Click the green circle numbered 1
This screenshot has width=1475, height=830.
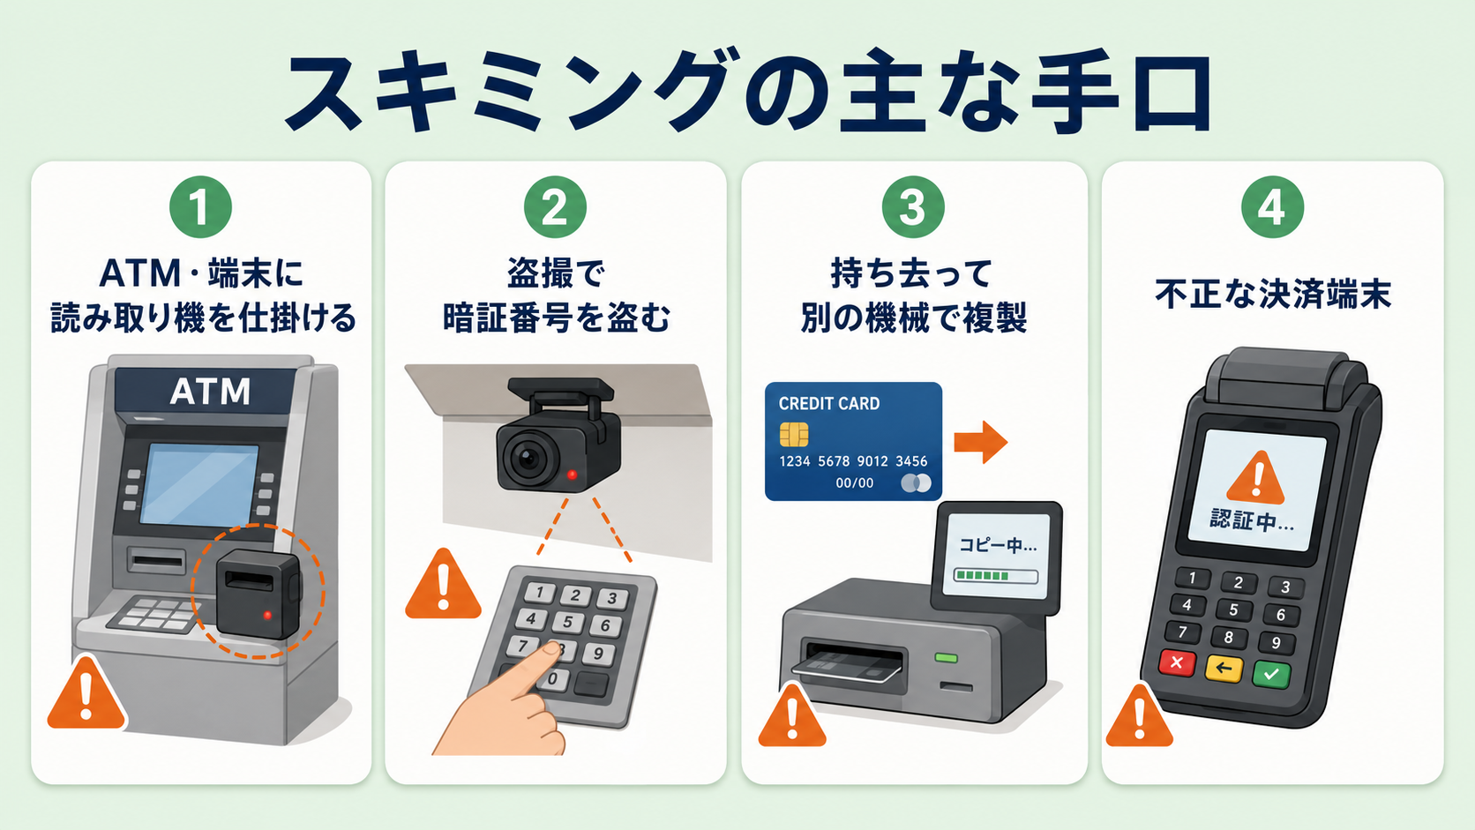(x=200, y=206)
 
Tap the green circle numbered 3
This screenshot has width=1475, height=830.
(x=913, y=206)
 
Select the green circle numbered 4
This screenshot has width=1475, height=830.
(x=1272, y=206)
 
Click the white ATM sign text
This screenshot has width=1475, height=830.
(x=210, y=392)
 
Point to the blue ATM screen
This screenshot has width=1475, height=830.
(x=199, y=484)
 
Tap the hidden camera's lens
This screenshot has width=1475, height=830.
(x=528, y=458)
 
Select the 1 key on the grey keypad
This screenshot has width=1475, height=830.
(x=540, y=593)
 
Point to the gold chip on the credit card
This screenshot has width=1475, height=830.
(x=793, y=435)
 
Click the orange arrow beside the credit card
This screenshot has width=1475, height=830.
(x=980, y=442)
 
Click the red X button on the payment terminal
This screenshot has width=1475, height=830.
(x=1177, y=662)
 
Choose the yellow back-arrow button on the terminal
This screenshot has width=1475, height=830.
(x=1224, y=669)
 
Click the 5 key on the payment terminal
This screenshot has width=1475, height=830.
(x=1233, y=610)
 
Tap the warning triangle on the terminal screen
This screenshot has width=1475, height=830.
(x=1255, y=477)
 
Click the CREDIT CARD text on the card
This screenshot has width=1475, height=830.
(x=829, y=403)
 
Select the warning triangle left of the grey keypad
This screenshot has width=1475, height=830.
(x=443, y=584)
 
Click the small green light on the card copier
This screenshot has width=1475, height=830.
(x=947, y=657)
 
